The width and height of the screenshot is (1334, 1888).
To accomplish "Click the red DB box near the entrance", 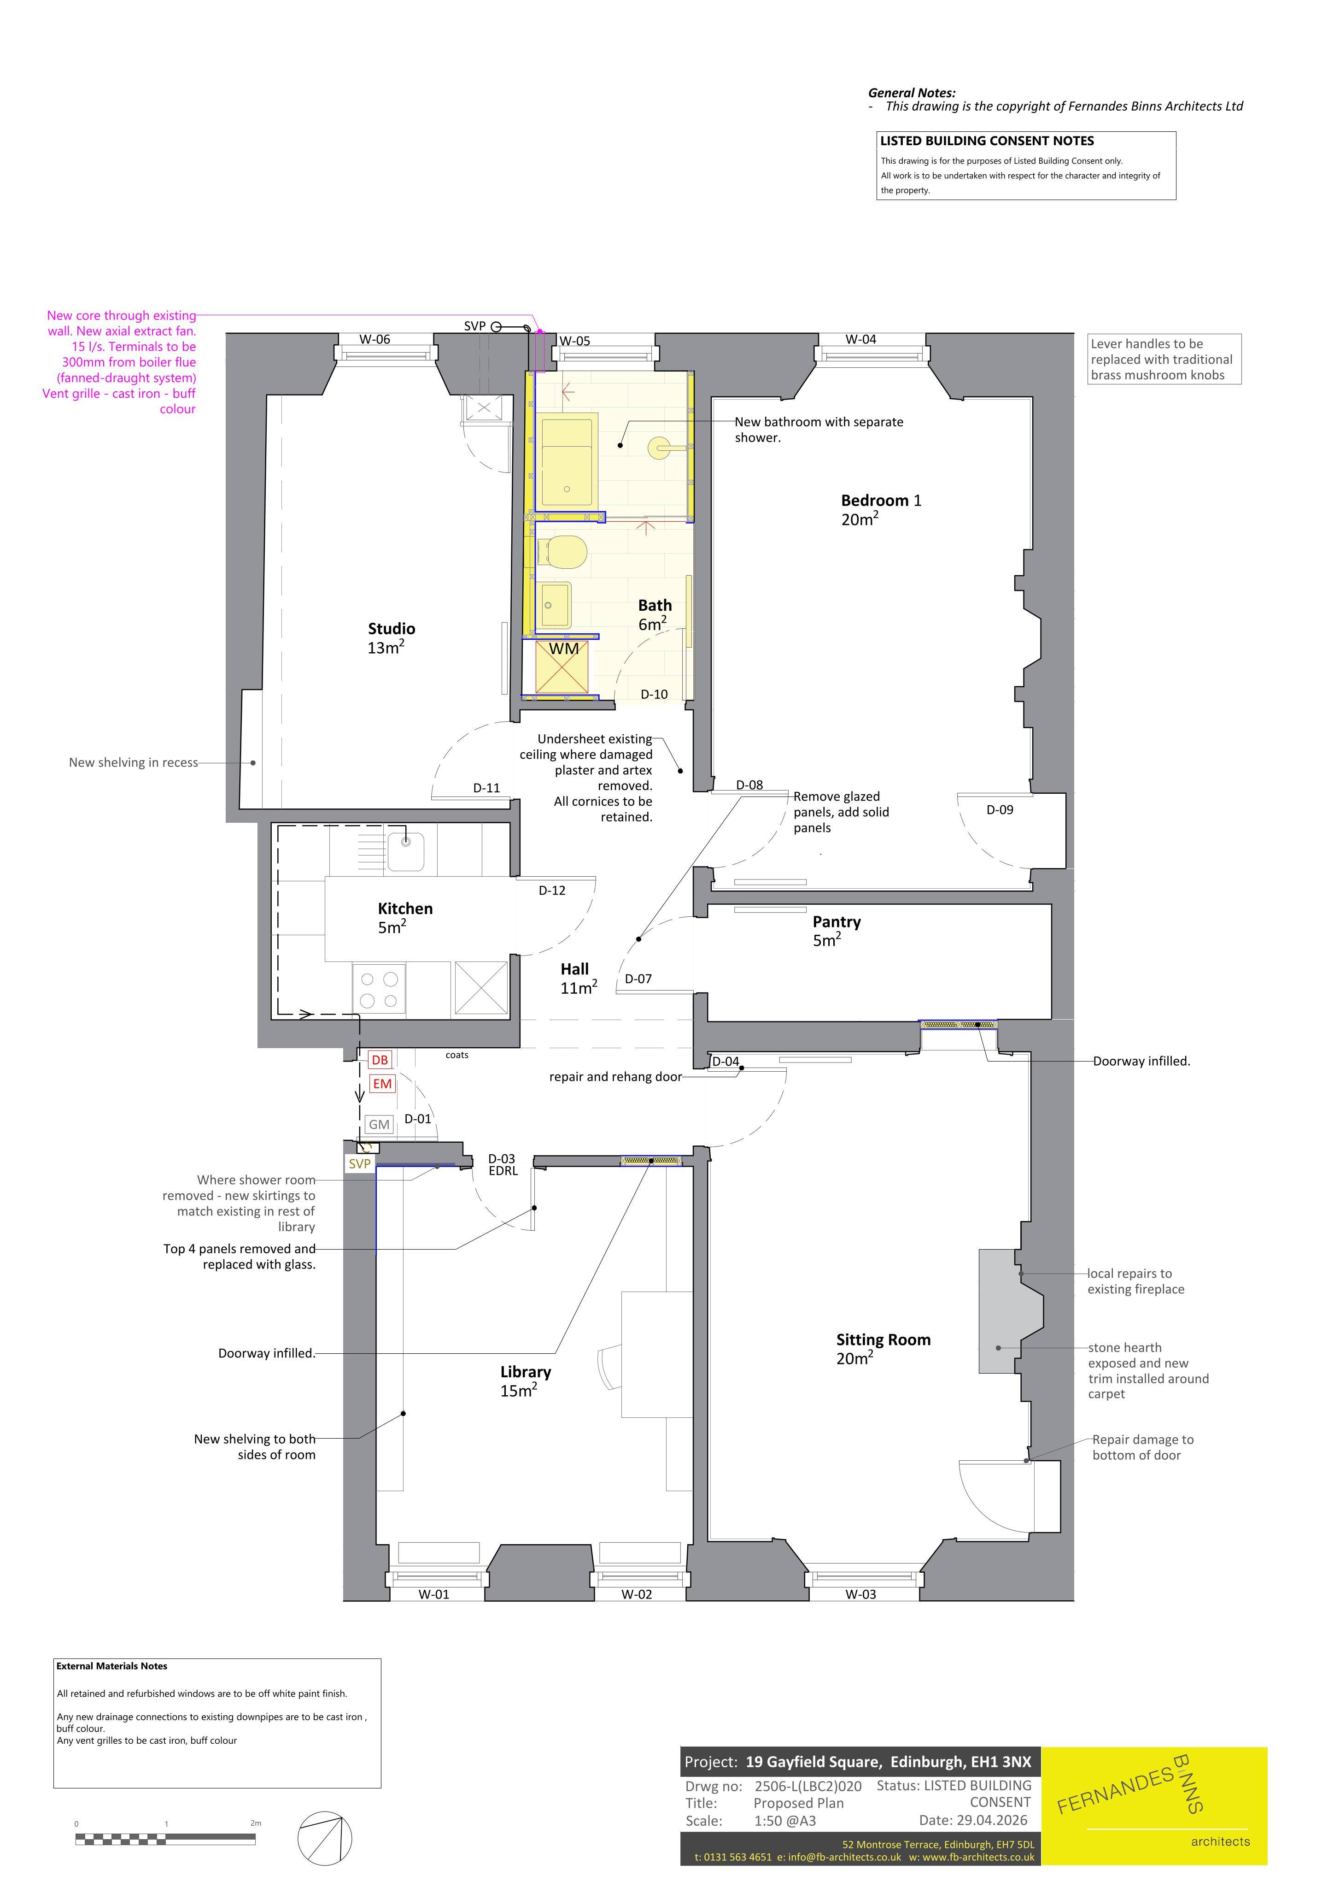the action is [379, 1060].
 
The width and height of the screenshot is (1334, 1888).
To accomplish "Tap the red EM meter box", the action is [382, 1084].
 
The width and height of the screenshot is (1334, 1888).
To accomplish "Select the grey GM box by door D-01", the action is [379, 1124].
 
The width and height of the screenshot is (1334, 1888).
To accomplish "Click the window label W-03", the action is [860, 1593].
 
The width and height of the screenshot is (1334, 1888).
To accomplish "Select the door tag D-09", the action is [1000, 810].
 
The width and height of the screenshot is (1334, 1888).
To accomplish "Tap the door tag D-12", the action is [551, 890].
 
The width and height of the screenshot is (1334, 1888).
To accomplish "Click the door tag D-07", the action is [638, 979].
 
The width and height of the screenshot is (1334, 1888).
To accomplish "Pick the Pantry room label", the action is [836, 922].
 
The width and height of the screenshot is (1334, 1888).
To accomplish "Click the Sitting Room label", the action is [883, 1339].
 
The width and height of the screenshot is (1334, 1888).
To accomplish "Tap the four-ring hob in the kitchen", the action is [379, 989].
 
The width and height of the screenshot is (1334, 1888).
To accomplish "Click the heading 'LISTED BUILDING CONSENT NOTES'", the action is [986, 141].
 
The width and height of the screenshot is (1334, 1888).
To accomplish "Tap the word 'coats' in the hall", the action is [457, 1055].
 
